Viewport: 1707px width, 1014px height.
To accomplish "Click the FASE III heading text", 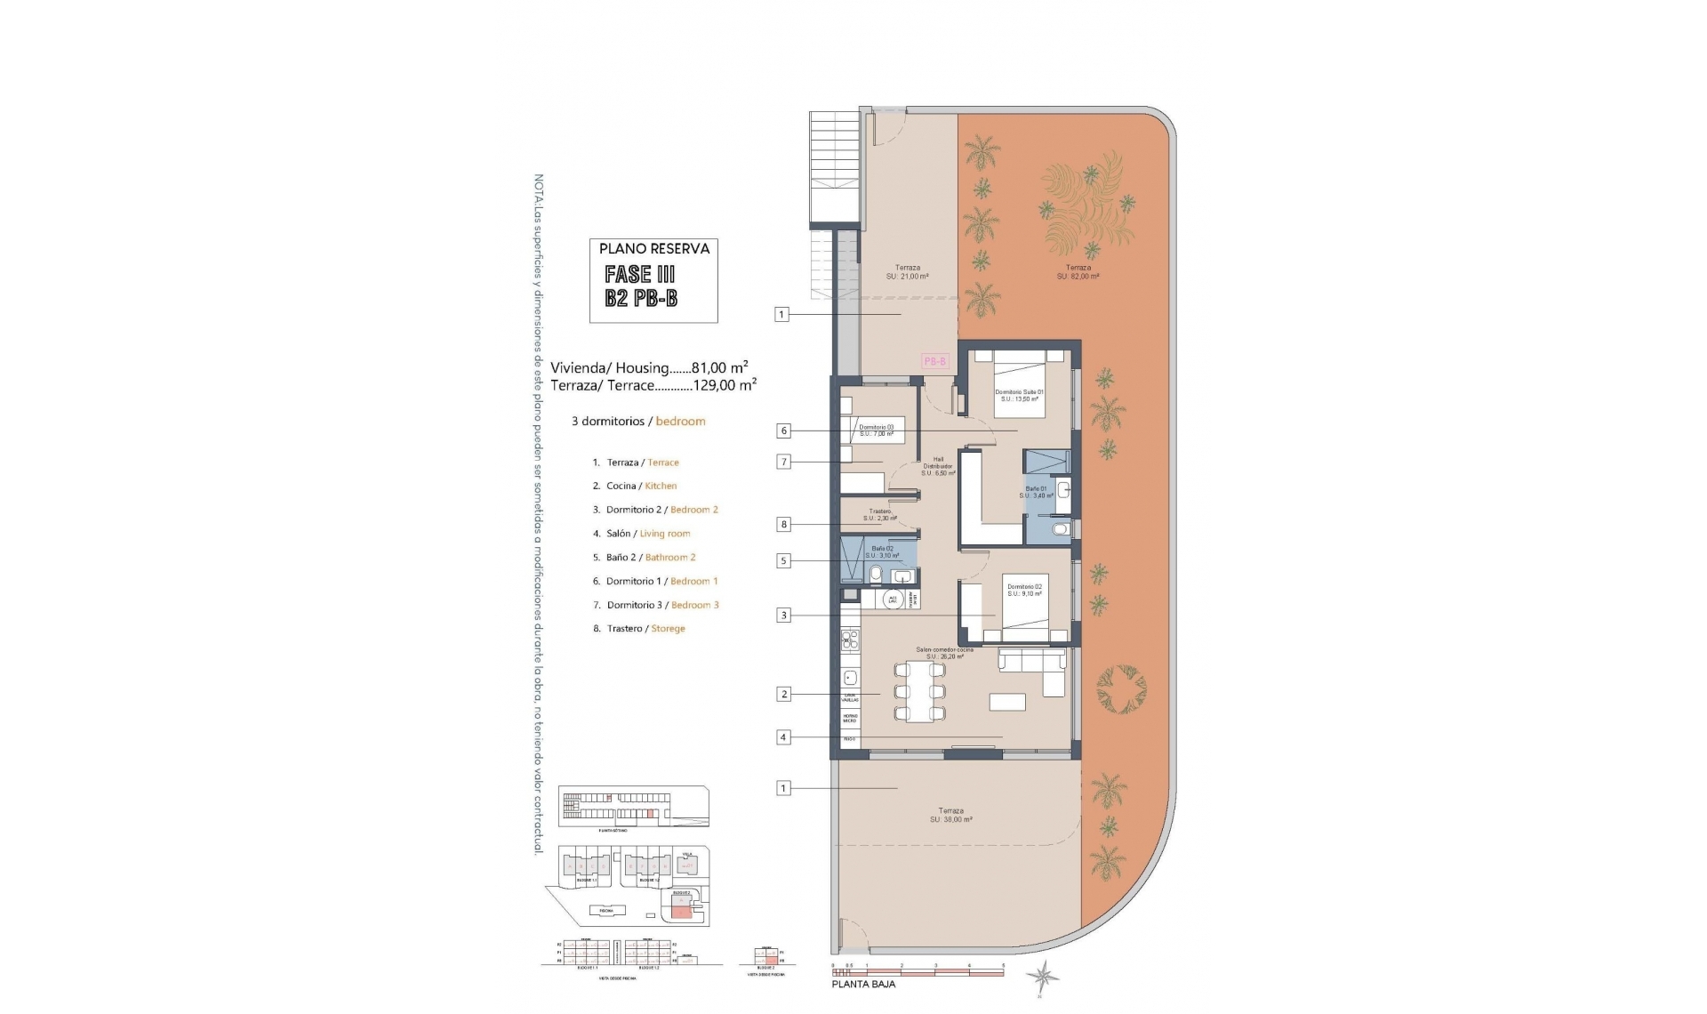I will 639,274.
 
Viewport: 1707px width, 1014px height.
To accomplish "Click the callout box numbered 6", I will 783,431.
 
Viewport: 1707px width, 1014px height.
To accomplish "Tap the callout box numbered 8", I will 783,525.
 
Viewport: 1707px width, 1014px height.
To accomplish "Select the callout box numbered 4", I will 783,736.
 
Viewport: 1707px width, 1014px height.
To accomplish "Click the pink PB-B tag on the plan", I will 935,361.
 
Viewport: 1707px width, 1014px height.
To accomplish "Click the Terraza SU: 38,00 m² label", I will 950,815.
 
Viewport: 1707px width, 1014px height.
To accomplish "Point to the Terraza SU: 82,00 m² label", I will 1078,271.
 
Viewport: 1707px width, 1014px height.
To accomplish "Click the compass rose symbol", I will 1042,977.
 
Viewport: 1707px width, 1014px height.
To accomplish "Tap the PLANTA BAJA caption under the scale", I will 863,984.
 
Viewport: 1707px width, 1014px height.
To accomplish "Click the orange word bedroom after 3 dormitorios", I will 680,421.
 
